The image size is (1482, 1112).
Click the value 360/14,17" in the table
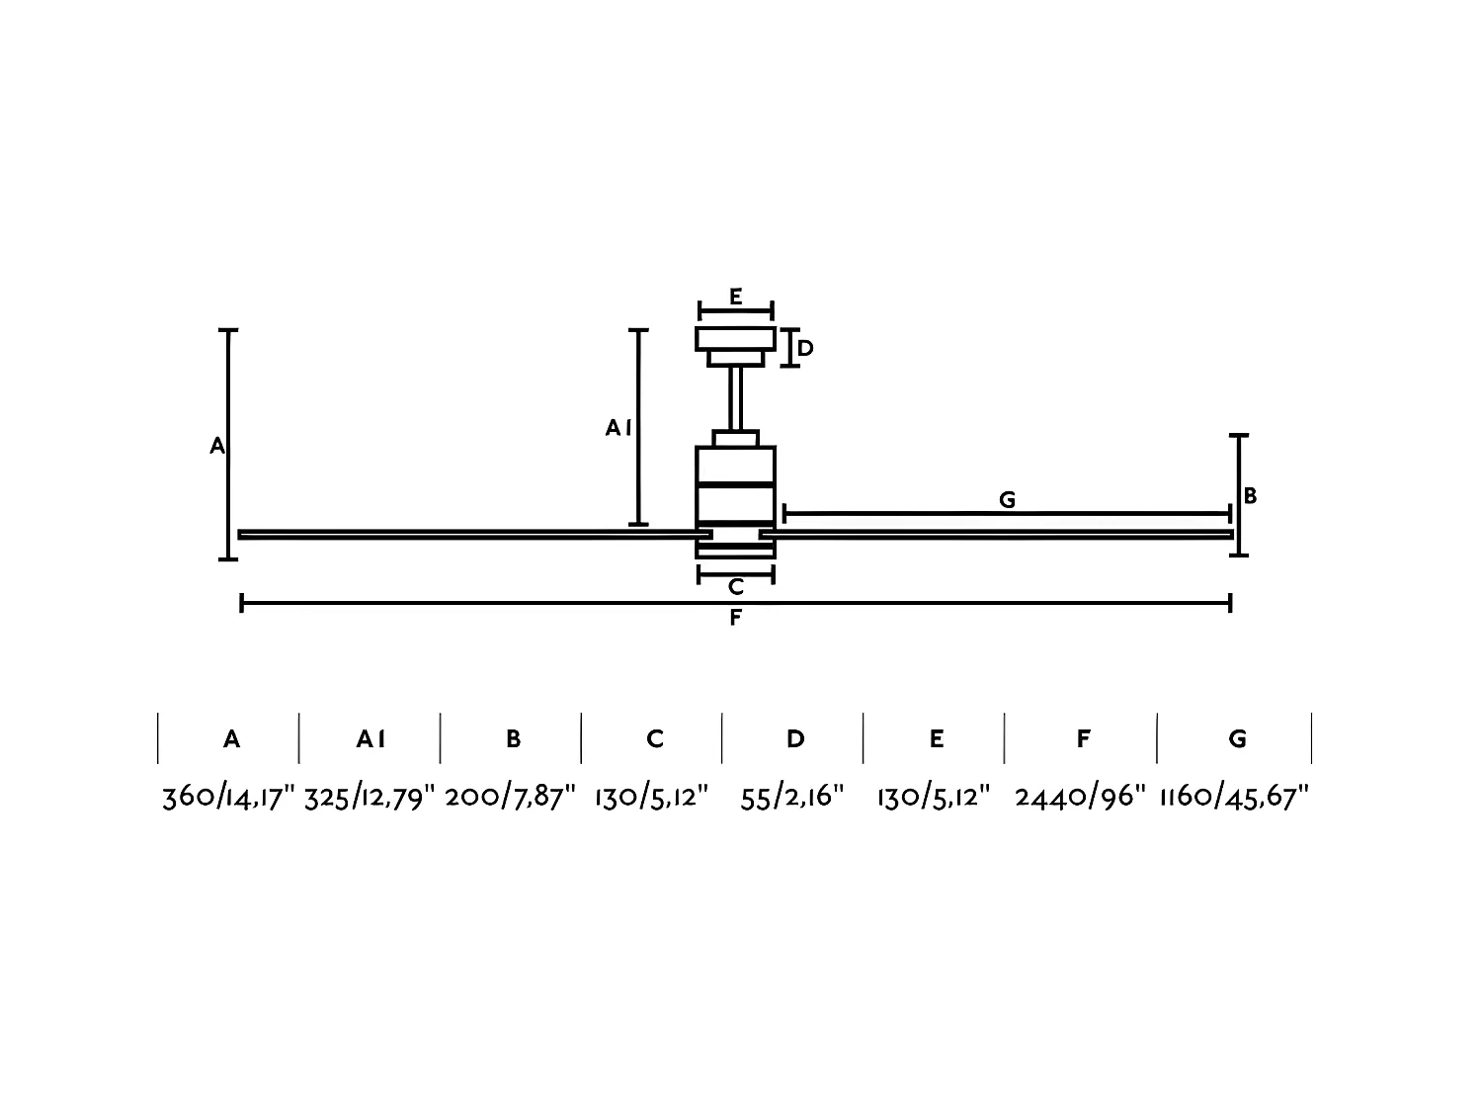(228, 797)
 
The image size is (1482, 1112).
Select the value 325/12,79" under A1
(370, 797)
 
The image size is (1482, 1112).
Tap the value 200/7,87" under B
(510, 797)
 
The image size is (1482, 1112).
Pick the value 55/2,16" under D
(792, 797)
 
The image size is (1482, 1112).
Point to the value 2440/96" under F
(1080, 797)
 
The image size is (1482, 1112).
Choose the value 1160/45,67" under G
(1234, 797)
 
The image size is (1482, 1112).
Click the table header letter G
(1237, 738)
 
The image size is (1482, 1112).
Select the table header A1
(370, 738)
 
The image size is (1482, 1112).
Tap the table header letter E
(936, 738)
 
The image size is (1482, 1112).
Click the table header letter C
(654, 738)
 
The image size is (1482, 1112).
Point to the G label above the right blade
(1007, 500)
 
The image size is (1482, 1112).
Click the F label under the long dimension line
(735, 619)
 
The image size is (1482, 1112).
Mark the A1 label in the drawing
(618, 428)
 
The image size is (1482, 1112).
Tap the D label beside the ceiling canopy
(805, 349)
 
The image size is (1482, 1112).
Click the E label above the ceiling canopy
(735, 297)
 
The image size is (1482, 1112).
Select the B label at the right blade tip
(1250, 496)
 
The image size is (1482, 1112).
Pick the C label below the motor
(735, 587)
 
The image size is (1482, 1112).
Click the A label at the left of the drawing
(217, 447)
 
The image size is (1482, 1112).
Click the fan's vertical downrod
(735, 398)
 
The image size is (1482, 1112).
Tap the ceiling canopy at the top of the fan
(735, 341)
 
